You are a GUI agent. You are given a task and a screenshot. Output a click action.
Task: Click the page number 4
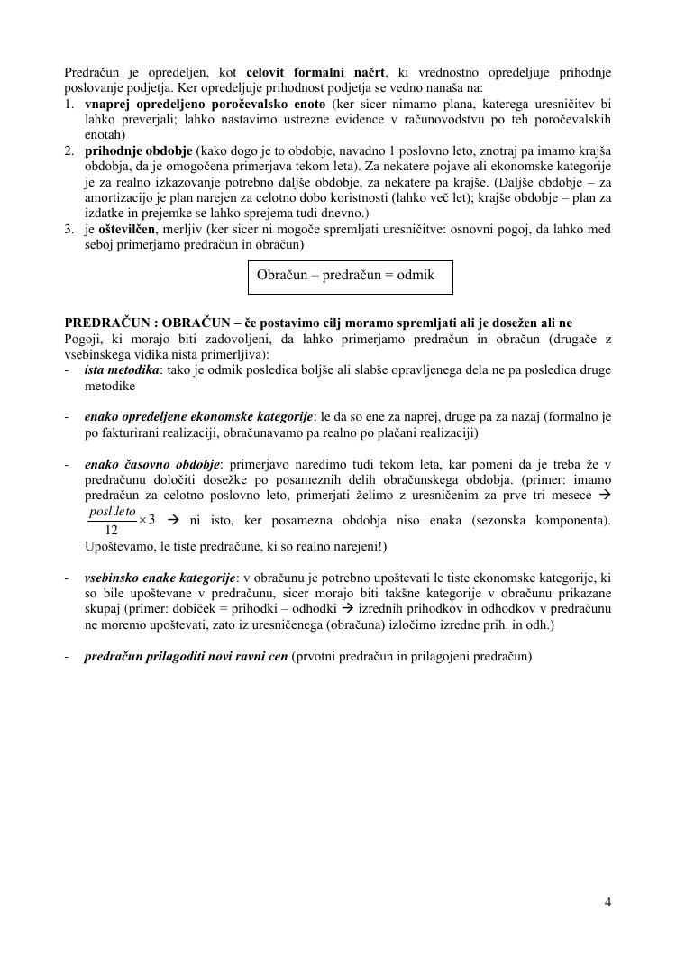pos(607,902)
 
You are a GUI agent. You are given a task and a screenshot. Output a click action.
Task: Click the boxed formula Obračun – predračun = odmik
pos(350,275)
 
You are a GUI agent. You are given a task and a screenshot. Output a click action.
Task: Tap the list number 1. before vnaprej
pos(69,105)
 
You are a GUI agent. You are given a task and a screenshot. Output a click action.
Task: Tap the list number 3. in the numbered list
pos(69,229)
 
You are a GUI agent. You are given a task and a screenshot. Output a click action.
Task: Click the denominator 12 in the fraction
pos(111,530)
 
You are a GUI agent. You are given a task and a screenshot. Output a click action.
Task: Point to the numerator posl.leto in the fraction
pos(112,511)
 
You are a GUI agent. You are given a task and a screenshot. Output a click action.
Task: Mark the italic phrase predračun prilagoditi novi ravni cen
pos(186,656)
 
